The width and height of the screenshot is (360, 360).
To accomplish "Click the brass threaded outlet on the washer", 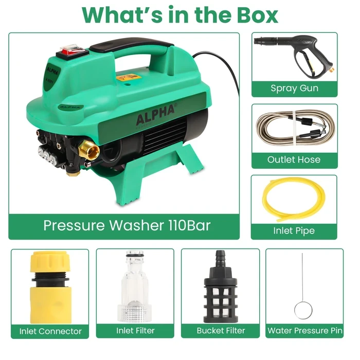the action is click(89, 150).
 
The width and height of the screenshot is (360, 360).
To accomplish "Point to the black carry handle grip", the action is click(131, 45).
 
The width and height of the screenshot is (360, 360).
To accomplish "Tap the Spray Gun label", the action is click(294, 88).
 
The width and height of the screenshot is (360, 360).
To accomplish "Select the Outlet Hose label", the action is click(294, 159).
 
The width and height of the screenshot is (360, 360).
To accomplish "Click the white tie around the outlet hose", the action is click(295, 128).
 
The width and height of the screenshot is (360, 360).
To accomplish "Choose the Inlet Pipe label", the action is click(294, 231).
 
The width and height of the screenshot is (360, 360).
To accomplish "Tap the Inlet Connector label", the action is click(50, 331).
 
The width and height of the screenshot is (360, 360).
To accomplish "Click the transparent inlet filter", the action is click(135, 286).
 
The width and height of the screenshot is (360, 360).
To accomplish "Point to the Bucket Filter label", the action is click(221, 331).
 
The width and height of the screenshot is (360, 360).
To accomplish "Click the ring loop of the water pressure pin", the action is click(303, 310).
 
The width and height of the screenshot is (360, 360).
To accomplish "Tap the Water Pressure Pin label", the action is click(305, 331).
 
